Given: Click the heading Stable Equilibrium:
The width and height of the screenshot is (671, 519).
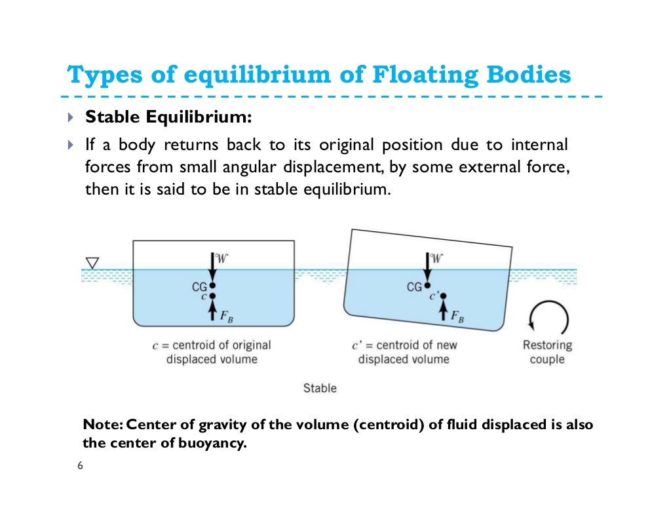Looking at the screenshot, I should point(168,118).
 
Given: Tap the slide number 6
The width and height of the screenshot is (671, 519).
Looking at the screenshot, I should point(80,466).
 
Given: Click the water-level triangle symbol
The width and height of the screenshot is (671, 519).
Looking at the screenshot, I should point(92,263).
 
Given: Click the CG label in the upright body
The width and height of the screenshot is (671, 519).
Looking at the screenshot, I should point(199,286).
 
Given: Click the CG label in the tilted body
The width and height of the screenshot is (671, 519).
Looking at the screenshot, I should point(414,287).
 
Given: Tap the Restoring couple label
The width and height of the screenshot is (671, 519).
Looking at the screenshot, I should point(547,352).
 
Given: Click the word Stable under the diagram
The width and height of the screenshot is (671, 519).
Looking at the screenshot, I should point(320,388).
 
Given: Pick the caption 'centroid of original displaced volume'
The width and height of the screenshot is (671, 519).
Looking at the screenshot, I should point(212,352).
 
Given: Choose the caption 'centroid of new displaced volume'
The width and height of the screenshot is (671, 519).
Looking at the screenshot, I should point(408,352).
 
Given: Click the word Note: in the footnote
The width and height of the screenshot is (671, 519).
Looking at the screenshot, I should point(100,425).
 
